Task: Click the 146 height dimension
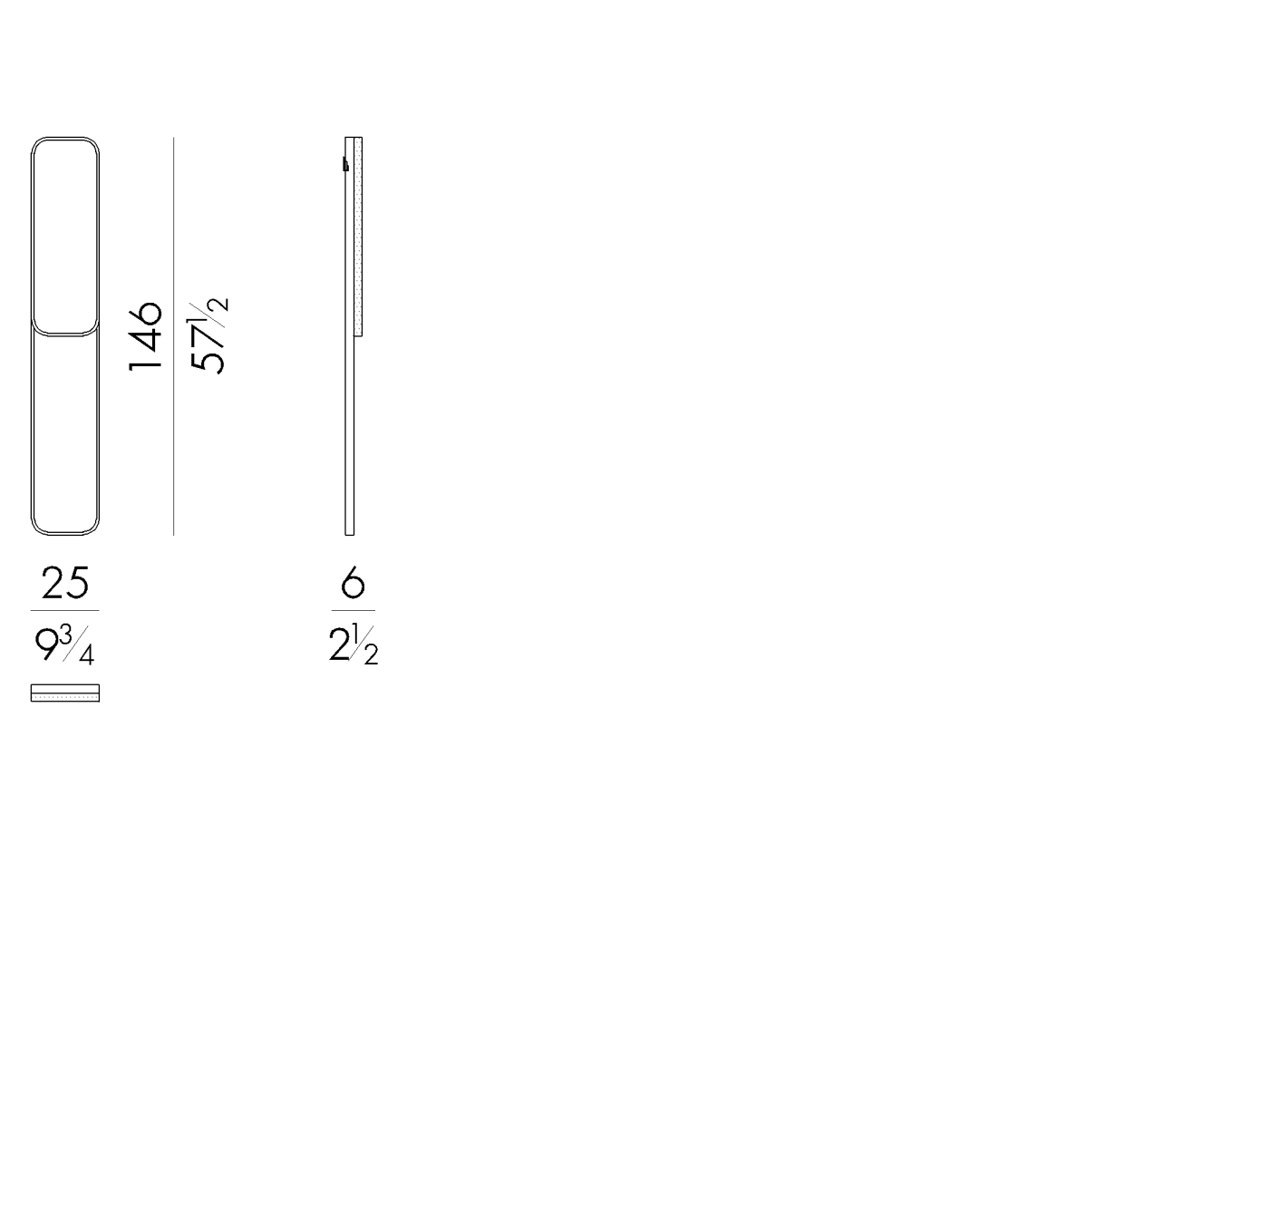(x=145, y=336)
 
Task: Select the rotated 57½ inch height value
(x=208, y=335)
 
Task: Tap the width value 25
(x=65, y=583)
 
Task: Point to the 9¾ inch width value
(x=64, y=645)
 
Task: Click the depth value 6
(x=353, y=583)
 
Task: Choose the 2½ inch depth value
(x=353, y=644)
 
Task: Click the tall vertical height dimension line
(x=173, y=336)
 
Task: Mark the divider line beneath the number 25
(x=64, y=611)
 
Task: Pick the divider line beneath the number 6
(x=353, y=611)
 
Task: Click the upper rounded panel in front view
(x=65, y=139)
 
